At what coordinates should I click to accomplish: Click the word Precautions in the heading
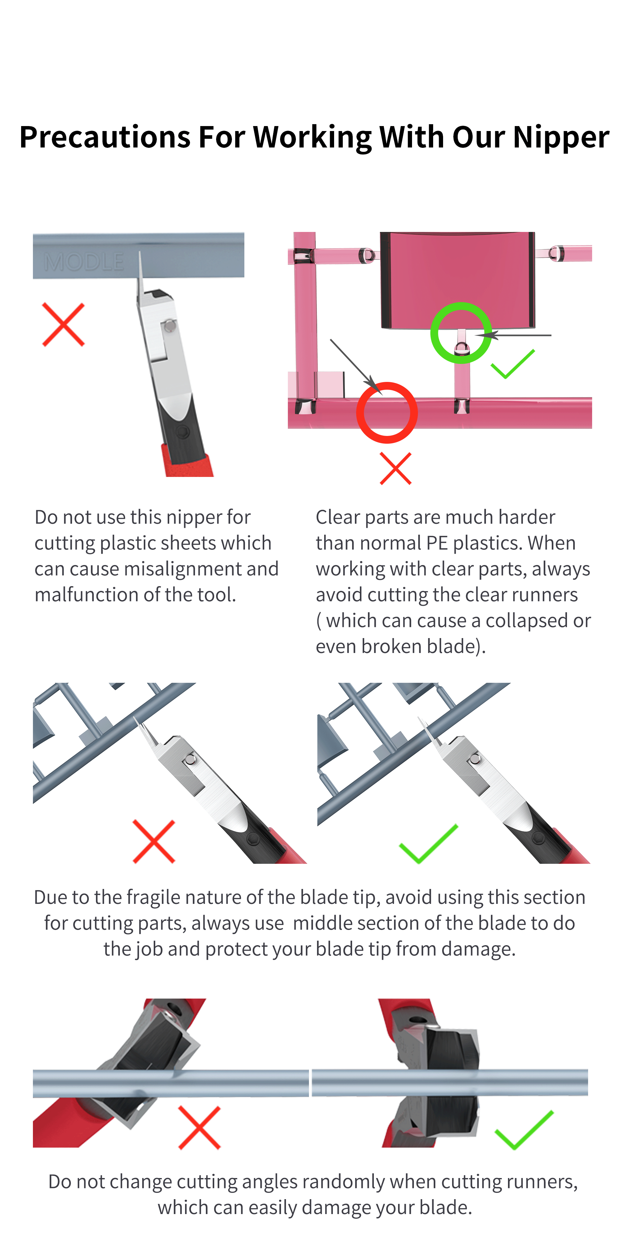pos(105,138)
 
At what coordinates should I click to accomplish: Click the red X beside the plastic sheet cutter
pos(63,324)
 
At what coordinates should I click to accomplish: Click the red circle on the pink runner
pos(387,412)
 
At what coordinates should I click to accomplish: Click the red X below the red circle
pos(395,468)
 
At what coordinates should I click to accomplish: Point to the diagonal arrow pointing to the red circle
pos(354,364)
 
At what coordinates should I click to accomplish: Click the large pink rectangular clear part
pos(458,280)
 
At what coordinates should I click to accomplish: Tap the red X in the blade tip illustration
pos(154,841)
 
